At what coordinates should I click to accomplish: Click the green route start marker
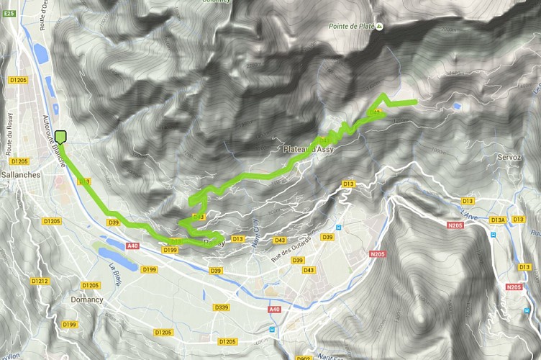point(60,137)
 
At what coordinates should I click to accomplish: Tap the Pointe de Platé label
point(353,27)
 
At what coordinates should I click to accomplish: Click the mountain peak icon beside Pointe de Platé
point(381,27)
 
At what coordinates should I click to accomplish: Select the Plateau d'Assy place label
point(307,150)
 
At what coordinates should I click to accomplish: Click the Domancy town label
point(86,300)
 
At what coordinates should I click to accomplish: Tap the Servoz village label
point(509,157)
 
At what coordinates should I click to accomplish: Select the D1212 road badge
point(39,282)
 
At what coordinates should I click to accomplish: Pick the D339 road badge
point(222,307)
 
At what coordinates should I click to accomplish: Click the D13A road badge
point(499,220)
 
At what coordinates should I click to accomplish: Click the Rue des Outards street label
point(291,248)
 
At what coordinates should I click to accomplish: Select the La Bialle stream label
point(115,276)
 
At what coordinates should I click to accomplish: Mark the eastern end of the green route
point(415,102)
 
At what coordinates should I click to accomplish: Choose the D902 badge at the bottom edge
point(304,357)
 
